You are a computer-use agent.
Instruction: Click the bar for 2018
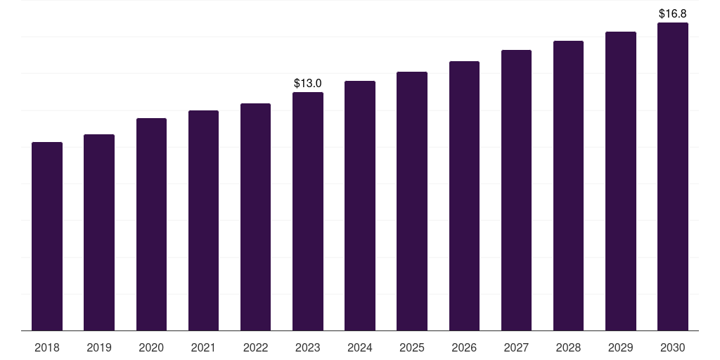47,236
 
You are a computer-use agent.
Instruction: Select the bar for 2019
99,232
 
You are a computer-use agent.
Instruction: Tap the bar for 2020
152,224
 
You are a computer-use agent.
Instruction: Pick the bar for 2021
203,220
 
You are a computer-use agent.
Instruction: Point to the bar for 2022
255,217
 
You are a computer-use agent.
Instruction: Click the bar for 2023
308,211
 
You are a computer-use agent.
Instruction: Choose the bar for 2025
412,201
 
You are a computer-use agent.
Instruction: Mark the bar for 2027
516,190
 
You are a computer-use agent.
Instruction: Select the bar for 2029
621,181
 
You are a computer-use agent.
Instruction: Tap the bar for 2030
673,176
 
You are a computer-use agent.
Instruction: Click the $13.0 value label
308,84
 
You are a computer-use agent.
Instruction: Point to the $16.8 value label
673,14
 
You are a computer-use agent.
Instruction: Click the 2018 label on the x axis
47,347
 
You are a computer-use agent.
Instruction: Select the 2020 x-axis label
152,347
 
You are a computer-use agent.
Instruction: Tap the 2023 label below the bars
308,347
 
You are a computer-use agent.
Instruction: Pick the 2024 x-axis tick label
360,347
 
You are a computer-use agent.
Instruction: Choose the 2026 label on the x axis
464,347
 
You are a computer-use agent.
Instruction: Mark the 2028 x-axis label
568,347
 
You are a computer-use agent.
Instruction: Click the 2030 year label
673,347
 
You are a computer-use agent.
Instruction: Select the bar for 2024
360,206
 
